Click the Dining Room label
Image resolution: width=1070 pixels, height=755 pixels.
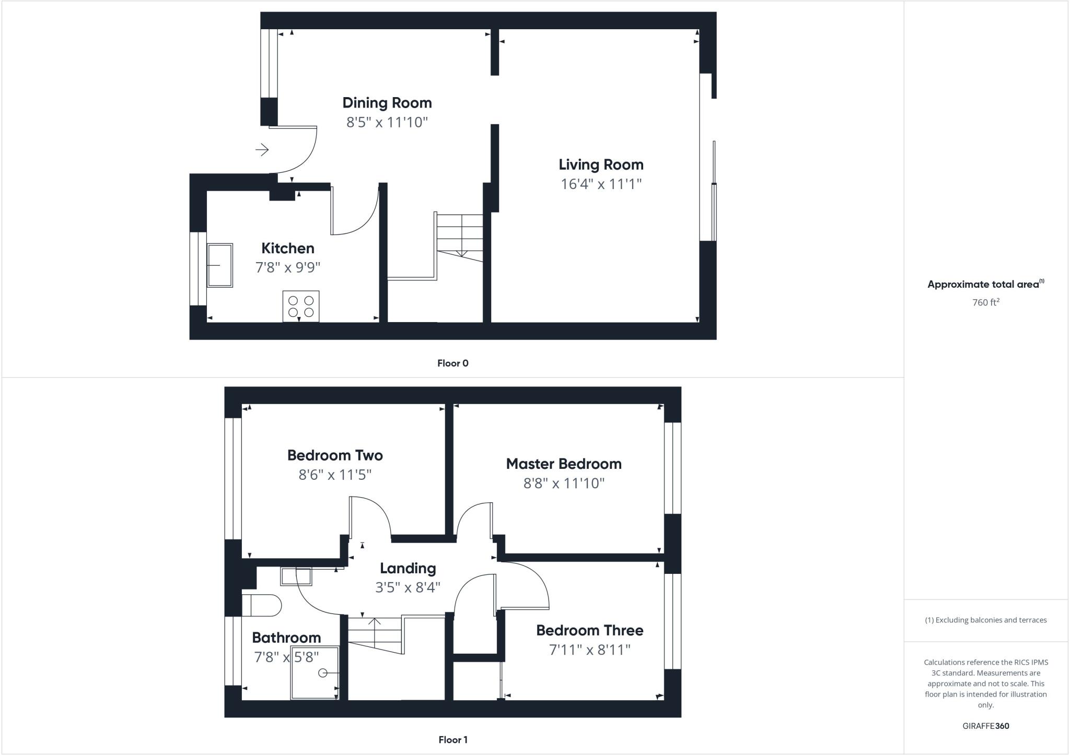pos(387,103)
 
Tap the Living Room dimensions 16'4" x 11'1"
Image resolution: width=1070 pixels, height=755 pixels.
pos(601,184)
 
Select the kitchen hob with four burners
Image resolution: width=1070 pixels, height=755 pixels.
pos(301,306)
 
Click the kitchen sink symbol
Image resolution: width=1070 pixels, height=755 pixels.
pos(220,265)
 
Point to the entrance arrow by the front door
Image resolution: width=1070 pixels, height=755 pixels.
pos(262,150)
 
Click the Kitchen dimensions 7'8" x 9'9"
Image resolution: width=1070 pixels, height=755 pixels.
pos(287,267)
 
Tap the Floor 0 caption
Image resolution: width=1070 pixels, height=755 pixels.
pos(452,363)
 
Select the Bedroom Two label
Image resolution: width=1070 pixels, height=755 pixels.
pos(335,455)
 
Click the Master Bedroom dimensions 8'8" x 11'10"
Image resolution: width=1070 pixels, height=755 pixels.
pos(564,483)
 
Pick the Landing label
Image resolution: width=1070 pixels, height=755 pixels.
pos(408,568)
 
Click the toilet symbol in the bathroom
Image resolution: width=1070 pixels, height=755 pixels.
pos(263,606)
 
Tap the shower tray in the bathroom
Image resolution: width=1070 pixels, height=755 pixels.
pos(315,673)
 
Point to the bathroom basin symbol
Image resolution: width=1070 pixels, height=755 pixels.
pos(296,576)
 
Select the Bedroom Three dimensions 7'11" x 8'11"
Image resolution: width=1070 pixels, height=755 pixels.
pos(589,650)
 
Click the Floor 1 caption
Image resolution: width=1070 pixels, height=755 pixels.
pos(452,740)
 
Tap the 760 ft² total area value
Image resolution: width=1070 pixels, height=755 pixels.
pos(985,302)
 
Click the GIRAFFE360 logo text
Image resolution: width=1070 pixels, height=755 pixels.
pos(985,726)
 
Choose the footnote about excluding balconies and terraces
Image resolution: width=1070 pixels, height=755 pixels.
pos(985,620)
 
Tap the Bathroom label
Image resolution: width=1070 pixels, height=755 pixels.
pos(286,638)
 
